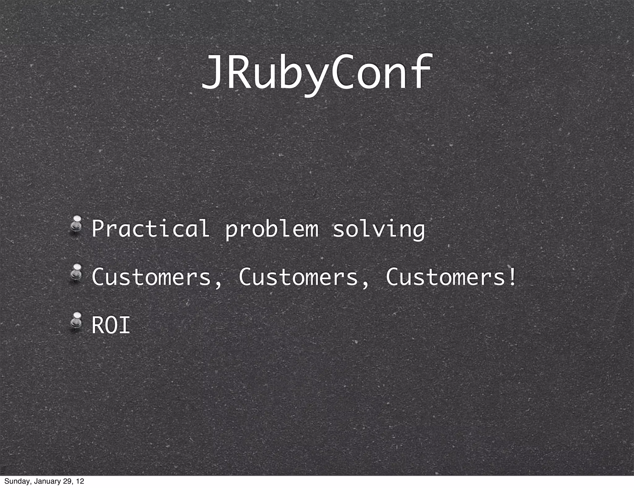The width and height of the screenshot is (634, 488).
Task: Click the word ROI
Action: [111, 325]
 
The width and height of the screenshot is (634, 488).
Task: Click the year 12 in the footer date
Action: [80, 481]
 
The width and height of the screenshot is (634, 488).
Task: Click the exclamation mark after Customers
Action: [512, 277]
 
